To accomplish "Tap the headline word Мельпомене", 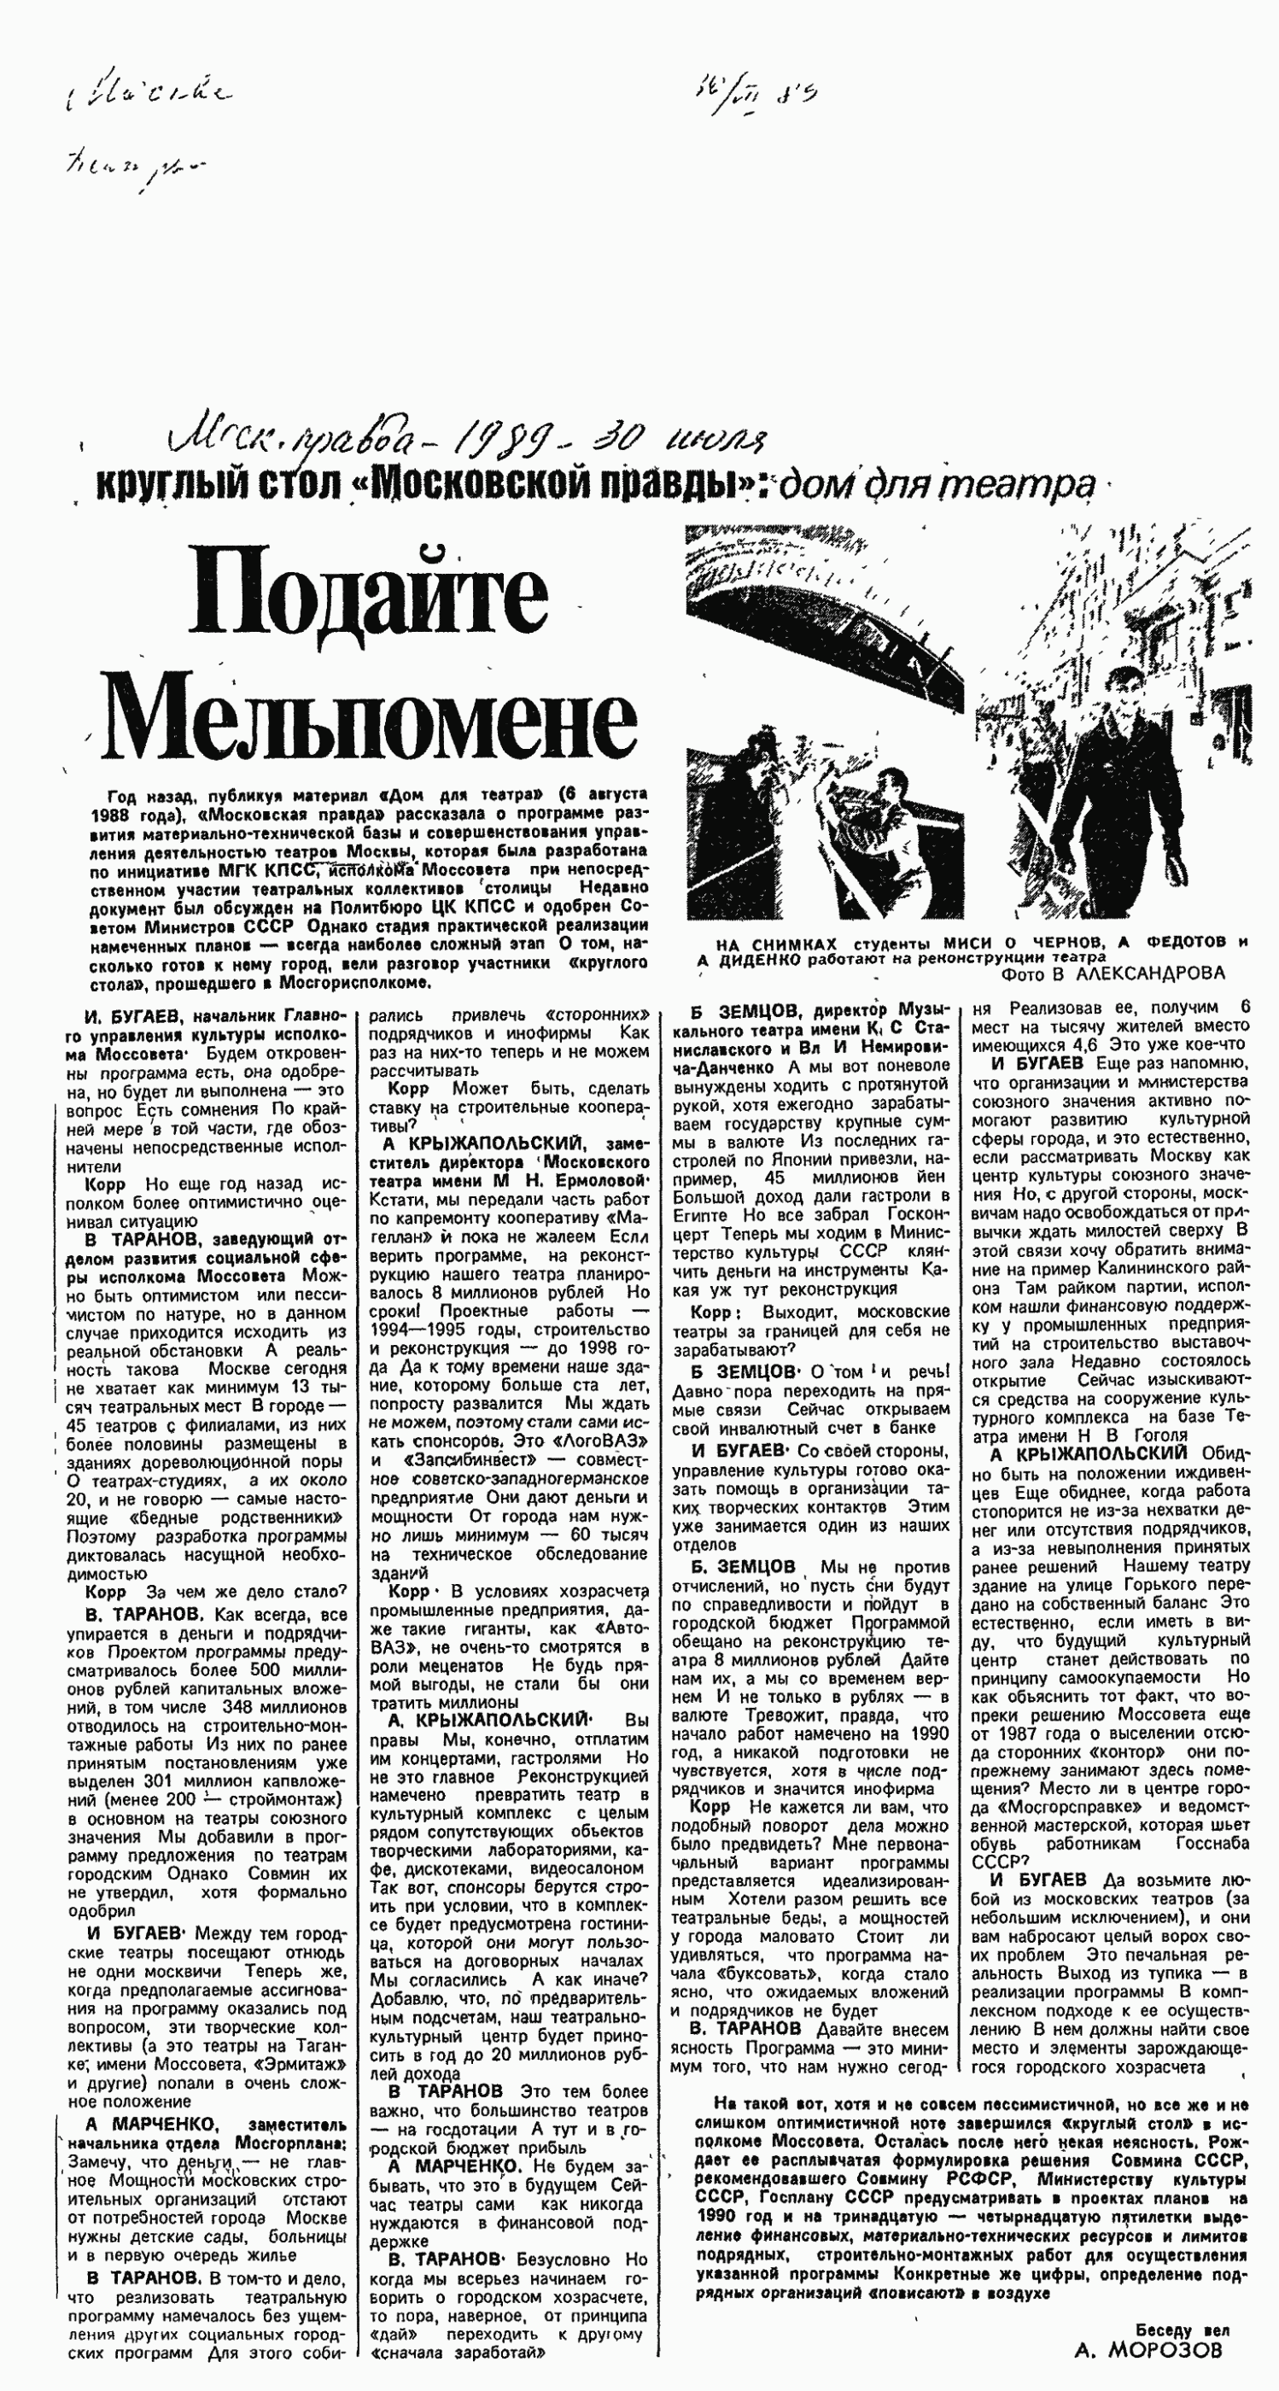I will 371,717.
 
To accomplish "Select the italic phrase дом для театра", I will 937,485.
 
